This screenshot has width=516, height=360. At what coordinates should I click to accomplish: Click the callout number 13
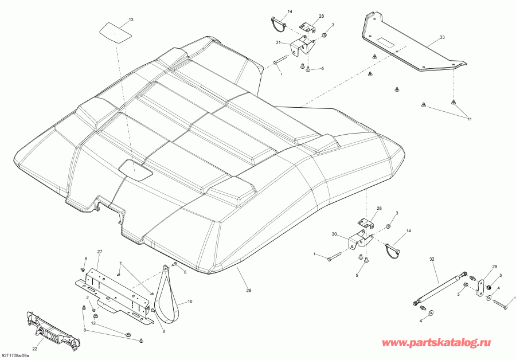tap(131, 20)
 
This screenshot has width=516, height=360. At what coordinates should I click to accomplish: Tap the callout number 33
tap(442, 37)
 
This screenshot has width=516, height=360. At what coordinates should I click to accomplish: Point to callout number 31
tap(279, 44)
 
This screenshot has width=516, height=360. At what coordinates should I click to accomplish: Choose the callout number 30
tap(334, 234)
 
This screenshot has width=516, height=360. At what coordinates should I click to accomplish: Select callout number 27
tap(99, 252)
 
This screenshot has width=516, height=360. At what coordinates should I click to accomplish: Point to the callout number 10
tap(190, 302)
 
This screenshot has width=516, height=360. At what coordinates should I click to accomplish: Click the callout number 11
tap(469, 119)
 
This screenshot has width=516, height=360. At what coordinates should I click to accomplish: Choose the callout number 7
tap(121, 263)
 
